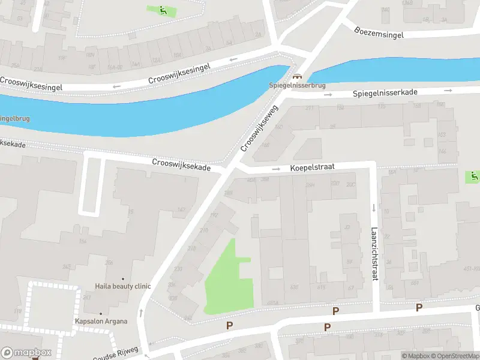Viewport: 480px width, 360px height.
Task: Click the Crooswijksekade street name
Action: point(181,164)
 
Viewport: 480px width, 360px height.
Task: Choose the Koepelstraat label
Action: point(313,168)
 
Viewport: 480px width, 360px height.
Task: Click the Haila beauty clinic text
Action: point(123,286)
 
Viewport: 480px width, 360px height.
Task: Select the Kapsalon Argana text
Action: point(101,321)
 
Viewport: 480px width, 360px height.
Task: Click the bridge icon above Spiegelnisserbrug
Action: point(296,77)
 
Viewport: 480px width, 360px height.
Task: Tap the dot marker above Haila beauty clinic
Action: point(123,278)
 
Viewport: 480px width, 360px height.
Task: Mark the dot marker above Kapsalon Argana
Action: point(101,313)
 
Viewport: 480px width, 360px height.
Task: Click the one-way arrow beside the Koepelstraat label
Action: point(276,169)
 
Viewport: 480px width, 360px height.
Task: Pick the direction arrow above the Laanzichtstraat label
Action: point(373,208)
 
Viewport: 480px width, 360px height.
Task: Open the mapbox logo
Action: point(26,352)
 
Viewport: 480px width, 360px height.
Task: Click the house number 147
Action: point(181,209)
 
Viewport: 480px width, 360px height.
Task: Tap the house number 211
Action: point(310,108)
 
